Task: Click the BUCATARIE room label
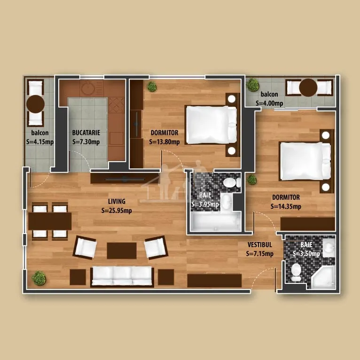pyautogui.click(x=86, y=133)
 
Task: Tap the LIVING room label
pyautogui.click(x=117, y=201)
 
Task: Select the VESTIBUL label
pyautogui.click(x=260, y=245)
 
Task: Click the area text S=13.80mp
pyautogui.click(x=164, y=142)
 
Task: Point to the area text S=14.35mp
pyautogui.click(x=286, y=206)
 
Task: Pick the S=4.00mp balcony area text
pyautogui.click(x=269, y=103)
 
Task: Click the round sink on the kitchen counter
pyautogui.click(x=88, y=88)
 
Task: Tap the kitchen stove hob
pyautogui.click(x=116, y=105)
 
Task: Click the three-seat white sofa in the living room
pyautogui.click(x=122, y=276)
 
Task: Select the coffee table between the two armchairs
pyautogui.click(x=122, y=250)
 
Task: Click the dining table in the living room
pyautogui.click(x=50, y=221)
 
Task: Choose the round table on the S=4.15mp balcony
pyautogui.click(x=35, y=104)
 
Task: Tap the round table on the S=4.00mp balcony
pyautogui.click(x=308, y=87)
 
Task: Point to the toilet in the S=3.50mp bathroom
pyautogui.click(x=296, y=272)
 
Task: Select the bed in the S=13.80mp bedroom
pyautogui.click(x=211, y=125)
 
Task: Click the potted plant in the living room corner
pyautogui.click(x=39, y=278)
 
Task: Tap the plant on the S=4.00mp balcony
pyautogui.click(x=252, y=85)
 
